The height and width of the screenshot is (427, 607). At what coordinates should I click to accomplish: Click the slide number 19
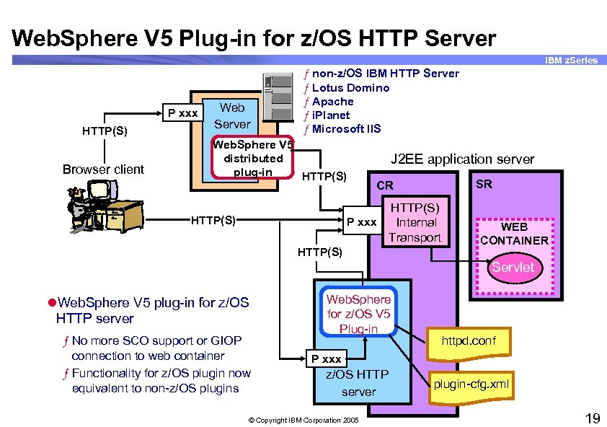click(x=592, y=417)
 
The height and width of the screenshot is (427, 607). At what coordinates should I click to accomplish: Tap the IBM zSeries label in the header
click(x=572, y=60)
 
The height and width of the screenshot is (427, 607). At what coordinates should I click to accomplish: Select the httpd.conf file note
click(x=469, y=340)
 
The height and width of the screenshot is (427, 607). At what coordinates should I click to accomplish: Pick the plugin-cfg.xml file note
click(x=471, y=384)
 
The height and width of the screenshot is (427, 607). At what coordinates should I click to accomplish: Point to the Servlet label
click(x=513, y=267)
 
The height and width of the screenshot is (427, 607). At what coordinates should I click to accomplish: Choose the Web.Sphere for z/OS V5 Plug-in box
click(x=358, y=314)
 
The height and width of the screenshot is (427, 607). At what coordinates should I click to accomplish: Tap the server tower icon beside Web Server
click(x=275, y=98)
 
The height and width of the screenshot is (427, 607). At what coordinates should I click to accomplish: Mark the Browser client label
click(x=103, y=170)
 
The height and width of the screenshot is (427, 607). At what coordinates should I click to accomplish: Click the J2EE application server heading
click(x=462, y=159)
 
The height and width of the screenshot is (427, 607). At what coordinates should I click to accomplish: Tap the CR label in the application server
click(x=386, y=186)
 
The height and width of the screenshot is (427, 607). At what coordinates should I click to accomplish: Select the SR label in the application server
click(x=484, y=184)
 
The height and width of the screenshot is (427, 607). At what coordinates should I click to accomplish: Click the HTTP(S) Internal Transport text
click(x=416, y=222)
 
